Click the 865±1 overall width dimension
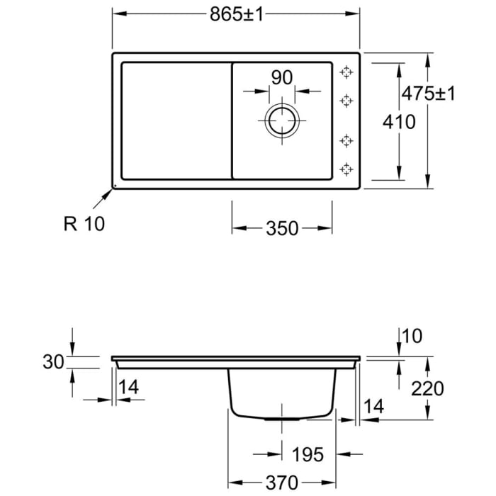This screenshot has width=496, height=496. (236, 14)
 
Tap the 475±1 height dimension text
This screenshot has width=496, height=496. (428, 94)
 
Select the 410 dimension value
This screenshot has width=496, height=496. (399, 122)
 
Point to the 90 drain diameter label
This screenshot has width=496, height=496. (282, 77)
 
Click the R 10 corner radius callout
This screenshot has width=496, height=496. (84, 224)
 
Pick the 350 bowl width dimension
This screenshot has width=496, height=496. (282, 228)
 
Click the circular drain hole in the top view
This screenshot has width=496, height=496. (282, 121)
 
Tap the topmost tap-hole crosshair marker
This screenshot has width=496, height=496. (346, 72)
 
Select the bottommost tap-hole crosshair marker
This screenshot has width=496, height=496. (346, 169)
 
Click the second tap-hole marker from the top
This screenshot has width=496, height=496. (346, 101)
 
